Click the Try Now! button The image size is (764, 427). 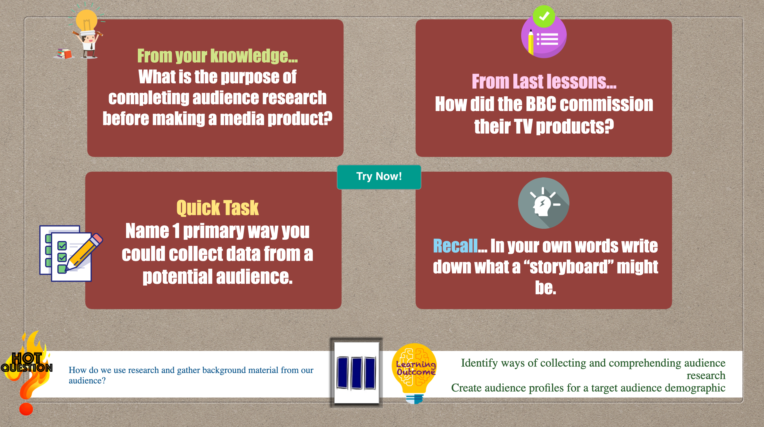379,177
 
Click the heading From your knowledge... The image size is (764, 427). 217,56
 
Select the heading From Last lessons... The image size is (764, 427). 544,81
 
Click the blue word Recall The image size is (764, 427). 455,246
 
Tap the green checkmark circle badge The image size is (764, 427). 544,16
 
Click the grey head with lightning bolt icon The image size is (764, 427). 543,203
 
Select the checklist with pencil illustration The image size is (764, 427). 71,253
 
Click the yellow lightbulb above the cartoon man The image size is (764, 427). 87,20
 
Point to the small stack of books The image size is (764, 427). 65,54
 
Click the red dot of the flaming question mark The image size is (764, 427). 26,409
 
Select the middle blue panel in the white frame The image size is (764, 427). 356,373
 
